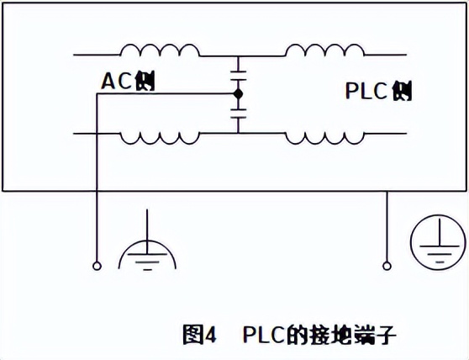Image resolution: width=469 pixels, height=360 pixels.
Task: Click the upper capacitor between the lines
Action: point(239,76)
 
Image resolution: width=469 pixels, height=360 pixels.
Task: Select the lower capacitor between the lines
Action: point(239,114)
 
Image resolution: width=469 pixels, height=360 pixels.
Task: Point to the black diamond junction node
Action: point(239,94)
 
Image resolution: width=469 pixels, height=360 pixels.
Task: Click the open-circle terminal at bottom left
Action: point(97,266)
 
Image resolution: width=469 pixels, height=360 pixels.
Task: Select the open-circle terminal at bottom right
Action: point(387,266)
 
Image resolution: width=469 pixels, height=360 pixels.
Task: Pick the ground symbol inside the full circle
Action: point(438,240)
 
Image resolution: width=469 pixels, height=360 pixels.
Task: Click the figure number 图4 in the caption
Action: point(199,334)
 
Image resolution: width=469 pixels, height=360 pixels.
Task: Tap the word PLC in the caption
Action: point(264,334)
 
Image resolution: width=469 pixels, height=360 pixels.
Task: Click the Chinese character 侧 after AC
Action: point(145,81)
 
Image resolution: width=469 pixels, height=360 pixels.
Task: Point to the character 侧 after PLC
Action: point(402,91)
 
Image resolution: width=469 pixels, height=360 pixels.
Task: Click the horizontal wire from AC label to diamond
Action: point(166,94)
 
